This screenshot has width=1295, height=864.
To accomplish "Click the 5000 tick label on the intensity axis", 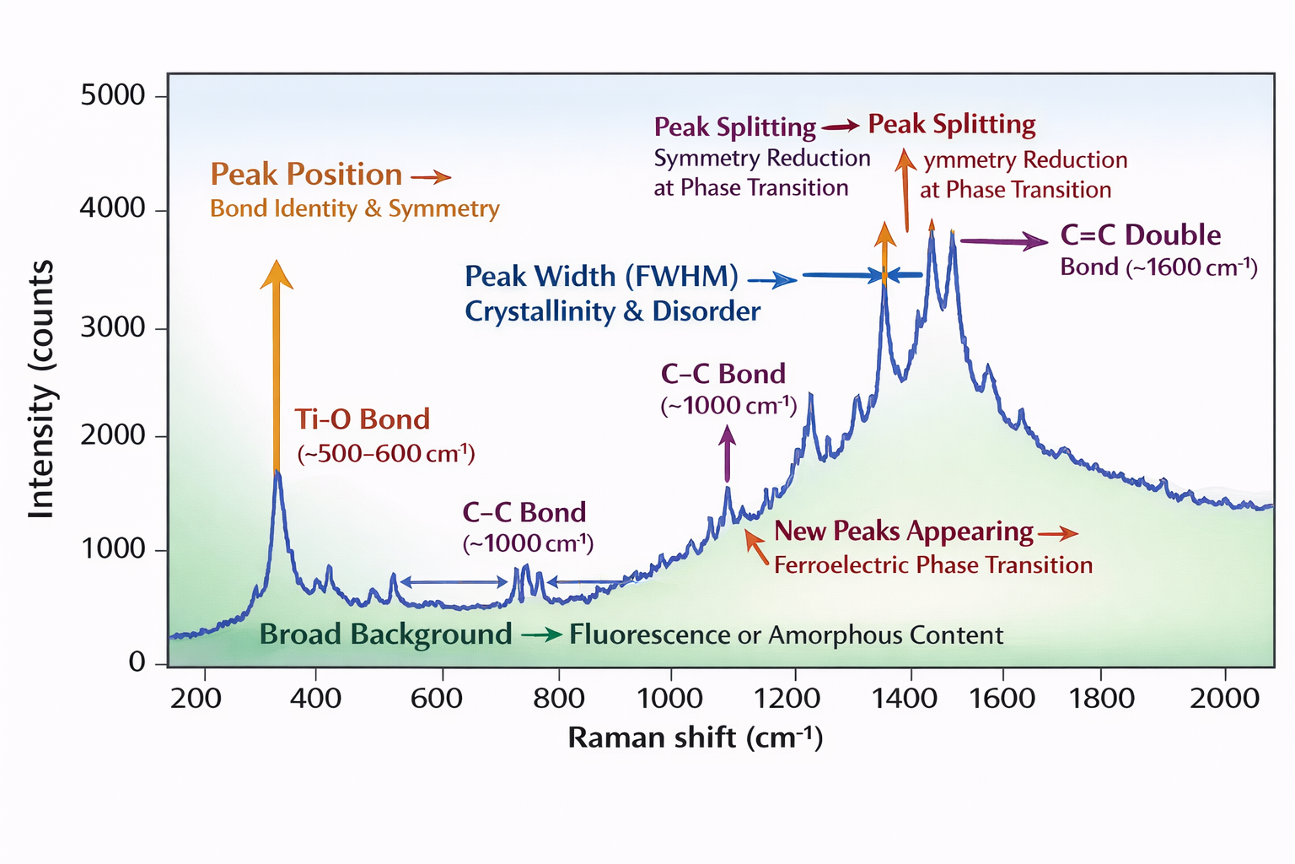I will (113, 95).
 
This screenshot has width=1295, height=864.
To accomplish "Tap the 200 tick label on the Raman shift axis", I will (196, 699).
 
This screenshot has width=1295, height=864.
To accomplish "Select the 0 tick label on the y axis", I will (137, 662).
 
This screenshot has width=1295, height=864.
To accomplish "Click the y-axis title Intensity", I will (41, 389).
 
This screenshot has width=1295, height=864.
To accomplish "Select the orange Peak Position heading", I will (306, 175).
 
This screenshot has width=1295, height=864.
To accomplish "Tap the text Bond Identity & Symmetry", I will (354, 208).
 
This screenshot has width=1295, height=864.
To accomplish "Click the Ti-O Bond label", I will (362, 419).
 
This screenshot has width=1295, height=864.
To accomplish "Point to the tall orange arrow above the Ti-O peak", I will (276, 363).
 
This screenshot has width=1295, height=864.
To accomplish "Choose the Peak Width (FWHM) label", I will (601, 277).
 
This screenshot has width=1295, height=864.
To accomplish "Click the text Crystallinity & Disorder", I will (612, 311).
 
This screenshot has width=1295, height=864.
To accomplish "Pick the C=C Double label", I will (1140, 235).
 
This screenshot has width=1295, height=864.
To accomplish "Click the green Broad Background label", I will (385, 634).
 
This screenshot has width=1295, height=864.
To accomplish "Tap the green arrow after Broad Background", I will (541, 634).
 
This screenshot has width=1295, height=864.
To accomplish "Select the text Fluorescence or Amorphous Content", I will (786, 634).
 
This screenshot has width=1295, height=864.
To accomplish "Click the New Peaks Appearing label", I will (903, 532).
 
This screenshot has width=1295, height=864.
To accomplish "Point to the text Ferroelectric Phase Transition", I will (932, 565).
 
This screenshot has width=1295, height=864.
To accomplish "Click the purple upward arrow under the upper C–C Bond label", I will (728, 453).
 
